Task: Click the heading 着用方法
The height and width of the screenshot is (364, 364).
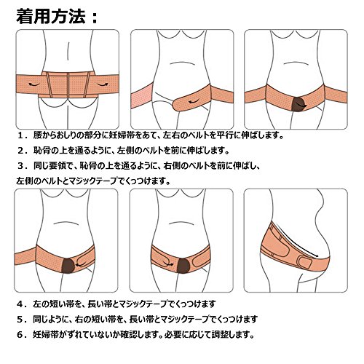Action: coord(50,16)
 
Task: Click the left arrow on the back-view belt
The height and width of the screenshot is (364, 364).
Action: coord(34,84)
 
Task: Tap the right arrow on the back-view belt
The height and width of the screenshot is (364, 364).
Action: coord(103,84)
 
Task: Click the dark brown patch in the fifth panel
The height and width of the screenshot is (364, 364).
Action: coord(183,266)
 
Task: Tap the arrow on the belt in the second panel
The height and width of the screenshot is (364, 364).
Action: coord(194,101)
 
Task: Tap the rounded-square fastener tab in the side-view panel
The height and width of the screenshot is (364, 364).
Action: coord(304,263)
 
